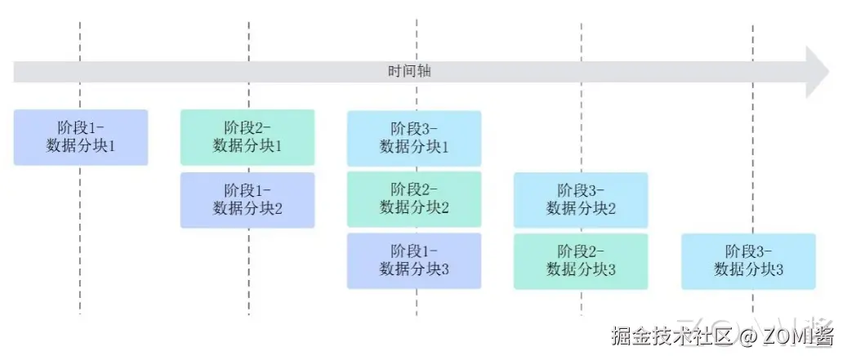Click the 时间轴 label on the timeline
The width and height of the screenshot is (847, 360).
coord(408,71)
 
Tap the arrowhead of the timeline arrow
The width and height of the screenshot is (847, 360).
coord(816,72)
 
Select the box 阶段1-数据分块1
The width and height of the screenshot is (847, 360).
coord(81,137)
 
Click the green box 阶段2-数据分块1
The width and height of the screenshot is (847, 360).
coord(247,137)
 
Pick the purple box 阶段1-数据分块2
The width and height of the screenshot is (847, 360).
coord(247,199)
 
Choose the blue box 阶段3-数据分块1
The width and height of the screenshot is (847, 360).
coord(414,138)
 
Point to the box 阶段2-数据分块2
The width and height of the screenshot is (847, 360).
coord(414,199)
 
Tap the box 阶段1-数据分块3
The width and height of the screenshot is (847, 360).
coord(414,260)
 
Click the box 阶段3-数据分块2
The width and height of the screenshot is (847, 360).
coord(581,199)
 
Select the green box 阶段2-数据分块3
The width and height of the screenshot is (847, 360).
coord(581,260)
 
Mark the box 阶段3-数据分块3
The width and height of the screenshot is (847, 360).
coord(748,260)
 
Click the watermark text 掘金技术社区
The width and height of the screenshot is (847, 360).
coord(662,336)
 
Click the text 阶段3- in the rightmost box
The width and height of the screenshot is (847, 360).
coord(748,251)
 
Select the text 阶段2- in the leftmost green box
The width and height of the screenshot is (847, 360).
coord(247,128)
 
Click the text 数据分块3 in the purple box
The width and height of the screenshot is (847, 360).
coord(414,269)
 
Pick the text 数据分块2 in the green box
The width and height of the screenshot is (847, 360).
coord(414,208)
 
